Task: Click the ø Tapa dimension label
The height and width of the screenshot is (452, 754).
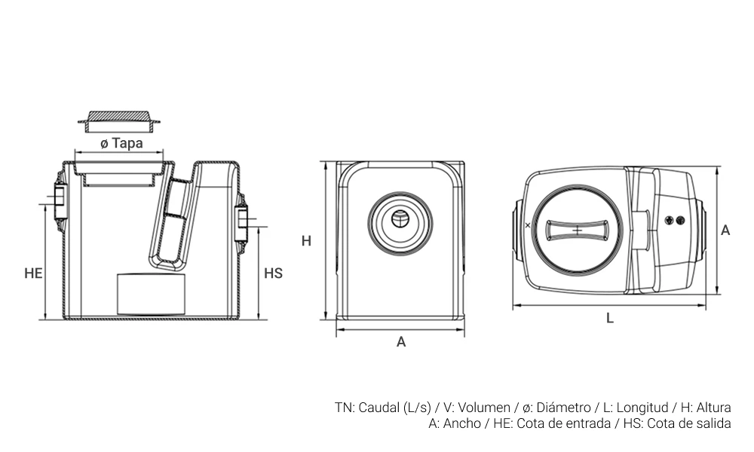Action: (x=121, y=142)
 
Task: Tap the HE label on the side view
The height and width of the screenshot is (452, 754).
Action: (x=33, y=273)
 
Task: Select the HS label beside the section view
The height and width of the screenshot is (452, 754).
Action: (x=273, y=273)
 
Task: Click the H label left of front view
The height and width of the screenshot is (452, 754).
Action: (x=306, y=241)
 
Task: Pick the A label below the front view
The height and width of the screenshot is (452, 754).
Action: (x=401, y=341)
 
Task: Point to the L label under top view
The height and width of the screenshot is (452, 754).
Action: (x=609, y=318)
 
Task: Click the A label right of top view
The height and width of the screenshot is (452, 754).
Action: (x=725, y=231)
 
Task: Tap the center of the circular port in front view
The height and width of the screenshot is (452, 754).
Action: (x=401, y=221)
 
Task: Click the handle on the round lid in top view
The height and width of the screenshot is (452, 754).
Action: (x=577, y=230)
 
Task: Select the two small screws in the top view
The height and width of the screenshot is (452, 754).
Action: (x=676, y=220)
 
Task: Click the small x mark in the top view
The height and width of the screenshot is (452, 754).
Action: (x=527, y=224)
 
